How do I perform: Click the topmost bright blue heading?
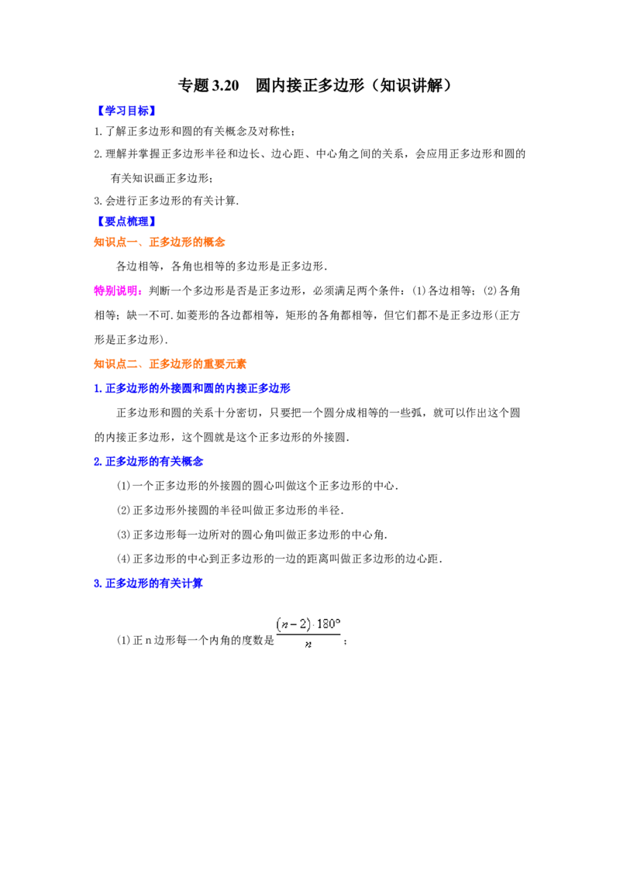pyautogui.click(x=126, y=110)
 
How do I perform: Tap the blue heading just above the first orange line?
pyautogui.click(x=126, y=222)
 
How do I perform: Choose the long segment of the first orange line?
pyautogui.click(x=188, y=242)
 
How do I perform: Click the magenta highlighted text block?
pyautogui.click(x=117, y=291)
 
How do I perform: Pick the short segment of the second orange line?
pyautogui.click(x=117, y=363)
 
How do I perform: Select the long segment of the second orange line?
pyautogui.click(x=198, y=363)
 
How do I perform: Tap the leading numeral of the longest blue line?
pyautogui.click(x=96, y=387)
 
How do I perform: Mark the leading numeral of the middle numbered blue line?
pyautogui.click(x=96, y=462)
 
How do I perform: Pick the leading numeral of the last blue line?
pyautogui.click(x=96, y=583)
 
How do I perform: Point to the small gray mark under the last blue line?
pyautogui.click(x=164, y=592)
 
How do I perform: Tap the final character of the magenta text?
pyautogui.click(x=139, y=291)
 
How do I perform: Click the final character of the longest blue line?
pyautogui.click(x=287, y=387)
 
